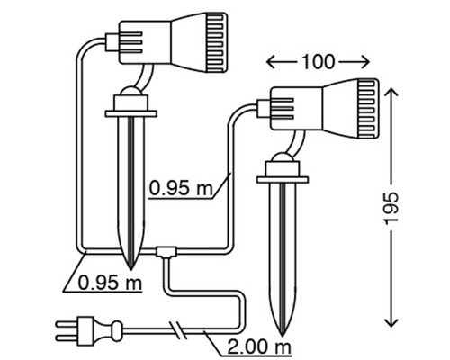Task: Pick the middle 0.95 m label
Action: (x=181, y=189)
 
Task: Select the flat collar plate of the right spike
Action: (x=283, y=177)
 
